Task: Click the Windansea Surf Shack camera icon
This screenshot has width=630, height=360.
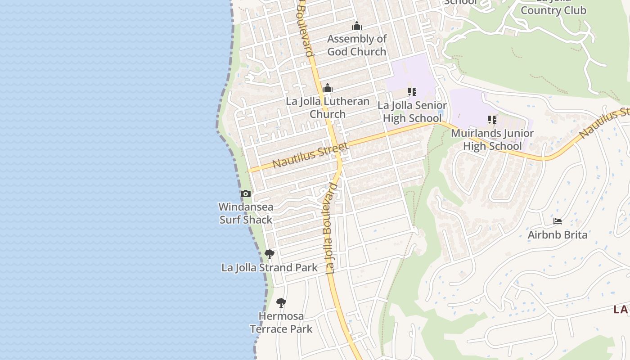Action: click(245, 194)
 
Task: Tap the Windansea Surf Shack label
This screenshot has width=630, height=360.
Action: click(246, 213)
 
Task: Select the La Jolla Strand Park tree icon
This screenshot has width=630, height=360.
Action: click(270, 254)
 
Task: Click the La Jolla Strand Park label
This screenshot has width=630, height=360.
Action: click(269, 268)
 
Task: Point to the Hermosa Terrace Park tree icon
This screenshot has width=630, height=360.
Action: click(281, 302)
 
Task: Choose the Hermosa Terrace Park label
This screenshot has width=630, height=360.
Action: click(281, 323)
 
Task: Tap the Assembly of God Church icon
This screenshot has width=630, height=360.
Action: click(357, 26)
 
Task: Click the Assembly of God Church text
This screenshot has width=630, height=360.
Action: click(357, 45)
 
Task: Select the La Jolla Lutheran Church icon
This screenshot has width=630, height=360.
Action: click(328, 88)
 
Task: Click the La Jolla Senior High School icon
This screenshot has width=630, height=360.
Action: click(412, 92)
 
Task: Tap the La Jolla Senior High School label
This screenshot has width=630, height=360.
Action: click(412, 112)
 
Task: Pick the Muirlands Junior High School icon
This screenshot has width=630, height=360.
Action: click(492, 120)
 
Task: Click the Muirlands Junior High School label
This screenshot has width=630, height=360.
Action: click(492, 139)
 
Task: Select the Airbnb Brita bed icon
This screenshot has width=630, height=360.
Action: click(558, 221)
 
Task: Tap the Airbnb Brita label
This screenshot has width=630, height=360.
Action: click(558, 235)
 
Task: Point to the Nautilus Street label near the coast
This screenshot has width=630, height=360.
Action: click(310, 155)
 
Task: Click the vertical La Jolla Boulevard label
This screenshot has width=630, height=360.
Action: click(331, 229)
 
